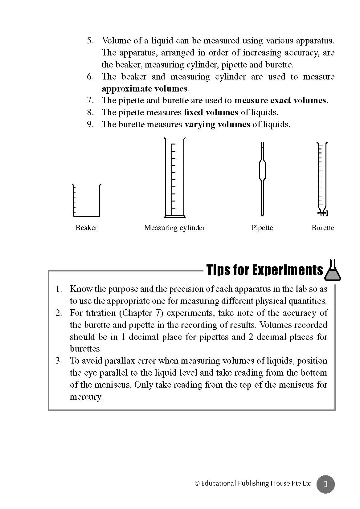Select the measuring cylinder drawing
[174, 179]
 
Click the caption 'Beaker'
[86, 228]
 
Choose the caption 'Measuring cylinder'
[174, 228]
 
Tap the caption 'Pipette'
[262, 228]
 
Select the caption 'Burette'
[323, 228]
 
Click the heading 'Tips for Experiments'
[264, 270]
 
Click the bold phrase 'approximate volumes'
[145, 89]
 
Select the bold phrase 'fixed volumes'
[211, 112]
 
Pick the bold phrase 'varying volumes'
[217, 124]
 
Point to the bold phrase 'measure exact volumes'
[280, 100]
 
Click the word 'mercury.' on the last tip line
[86, 397]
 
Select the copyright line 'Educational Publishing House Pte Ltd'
[253, 483]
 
